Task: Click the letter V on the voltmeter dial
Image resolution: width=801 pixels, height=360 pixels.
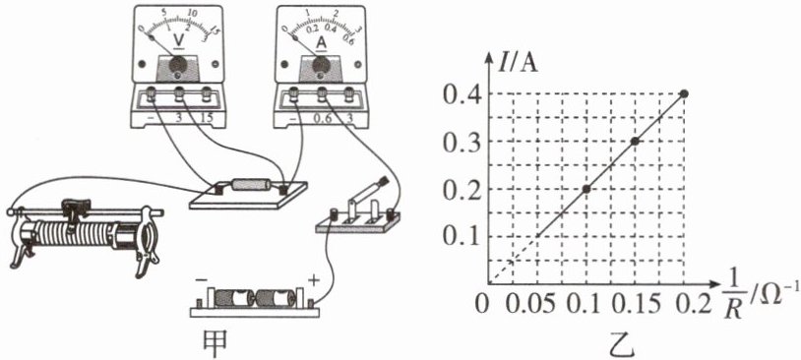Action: [x=179, y=39]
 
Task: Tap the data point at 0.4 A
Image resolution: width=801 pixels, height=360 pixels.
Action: [x=684, y=93]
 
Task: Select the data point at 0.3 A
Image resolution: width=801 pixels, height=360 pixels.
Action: [x=635, y=141]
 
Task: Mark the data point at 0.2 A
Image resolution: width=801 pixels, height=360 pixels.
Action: [x=586, y=189]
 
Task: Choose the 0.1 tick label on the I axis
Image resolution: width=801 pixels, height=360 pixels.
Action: [x=461, y=236]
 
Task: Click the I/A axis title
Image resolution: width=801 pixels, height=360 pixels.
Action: [x=519, y=65]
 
